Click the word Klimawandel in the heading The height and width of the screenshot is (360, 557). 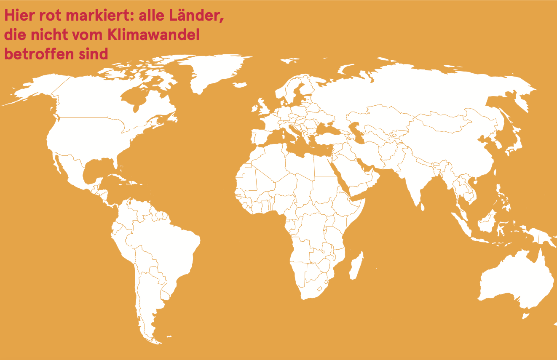pyautogui.click(x=153, y=35)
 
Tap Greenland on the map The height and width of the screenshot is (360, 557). pyautogui.click(x=211, y=72)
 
